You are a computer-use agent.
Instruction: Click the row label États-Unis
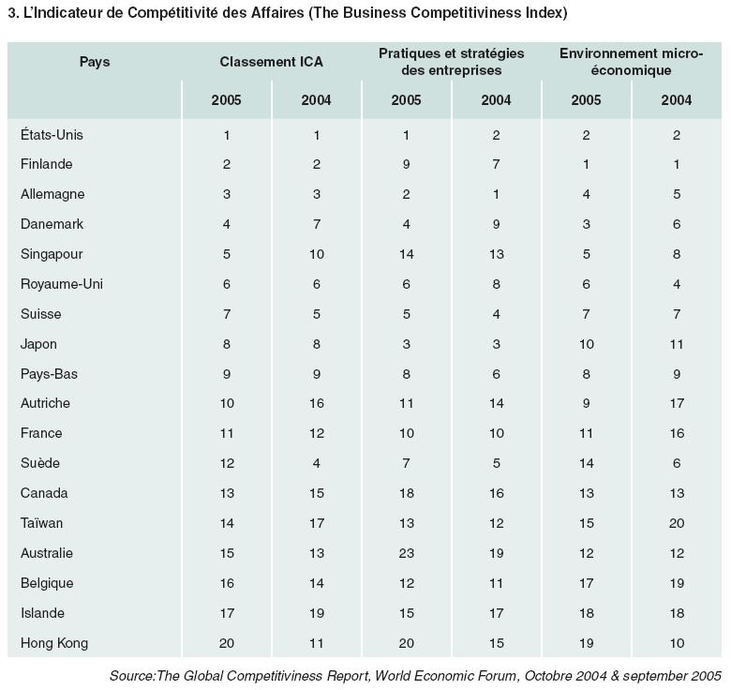tap(52, 135)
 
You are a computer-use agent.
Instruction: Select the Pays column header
tap(95, 62)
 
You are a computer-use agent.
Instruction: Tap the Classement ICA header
tap(272, 62)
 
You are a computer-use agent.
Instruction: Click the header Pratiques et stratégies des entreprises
tap(452, 62)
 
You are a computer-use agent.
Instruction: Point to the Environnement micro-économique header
tap(632, 62)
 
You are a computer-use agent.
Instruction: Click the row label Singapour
tap(52, 255)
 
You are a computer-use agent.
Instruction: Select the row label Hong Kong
tap(54, 643)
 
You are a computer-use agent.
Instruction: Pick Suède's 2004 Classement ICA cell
tap(317, 463)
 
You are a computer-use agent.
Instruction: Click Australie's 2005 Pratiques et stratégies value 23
tap(407, 553)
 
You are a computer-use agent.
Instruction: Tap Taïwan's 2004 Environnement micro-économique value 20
tap(677, 523)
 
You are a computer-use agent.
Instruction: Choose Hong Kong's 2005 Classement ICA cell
tap(227, 643)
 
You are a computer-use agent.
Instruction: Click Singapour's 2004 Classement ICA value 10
tap(317, 255)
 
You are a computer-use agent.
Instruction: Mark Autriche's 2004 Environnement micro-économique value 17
tap(677, 403)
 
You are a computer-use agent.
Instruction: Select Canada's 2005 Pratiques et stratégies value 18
tap(407, 493)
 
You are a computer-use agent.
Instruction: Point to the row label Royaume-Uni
tap(62, 284)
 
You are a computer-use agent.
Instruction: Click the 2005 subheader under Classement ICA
tap(226, 100)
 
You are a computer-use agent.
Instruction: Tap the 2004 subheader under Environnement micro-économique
tap(677, 100)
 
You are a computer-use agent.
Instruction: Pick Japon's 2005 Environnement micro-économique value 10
tap(587, 345)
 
